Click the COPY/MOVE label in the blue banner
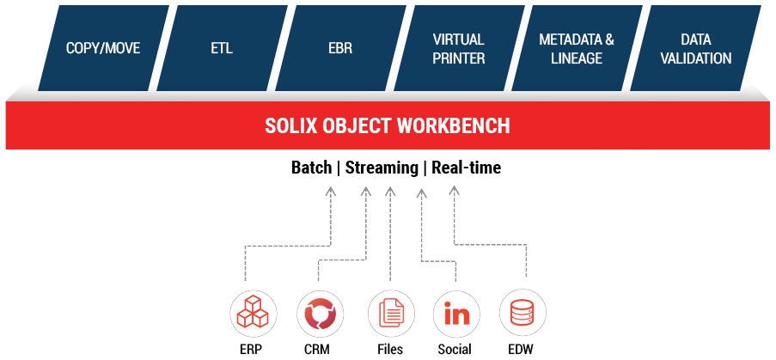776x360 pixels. tap(103, 49)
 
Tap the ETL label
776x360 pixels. tap(222, 49)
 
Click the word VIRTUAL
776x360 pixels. tap(458, 40)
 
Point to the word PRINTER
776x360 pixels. tap(458, 58)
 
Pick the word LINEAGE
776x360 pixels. tap(577, 58)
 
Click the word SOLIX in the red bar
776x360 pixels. tap(293, 126)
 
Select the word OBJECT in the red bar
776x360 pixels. tap(358, 126)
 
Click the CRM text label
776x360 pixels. tap(317, 350)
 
